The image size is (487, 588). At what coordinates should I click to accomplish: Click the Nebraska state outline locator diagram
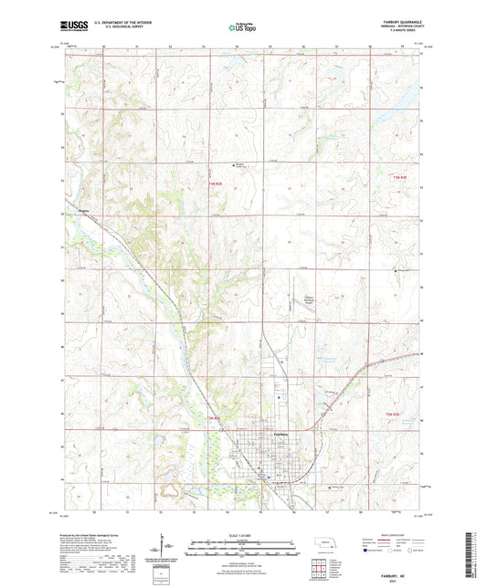coord(325,545)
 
